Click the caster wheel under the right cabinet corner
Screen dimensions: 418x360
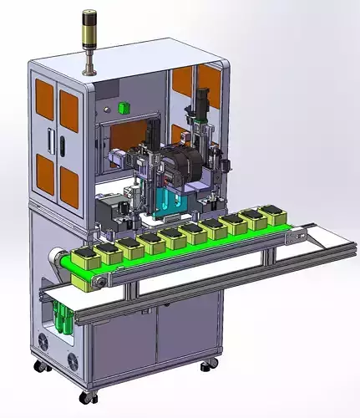(206, 364)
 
